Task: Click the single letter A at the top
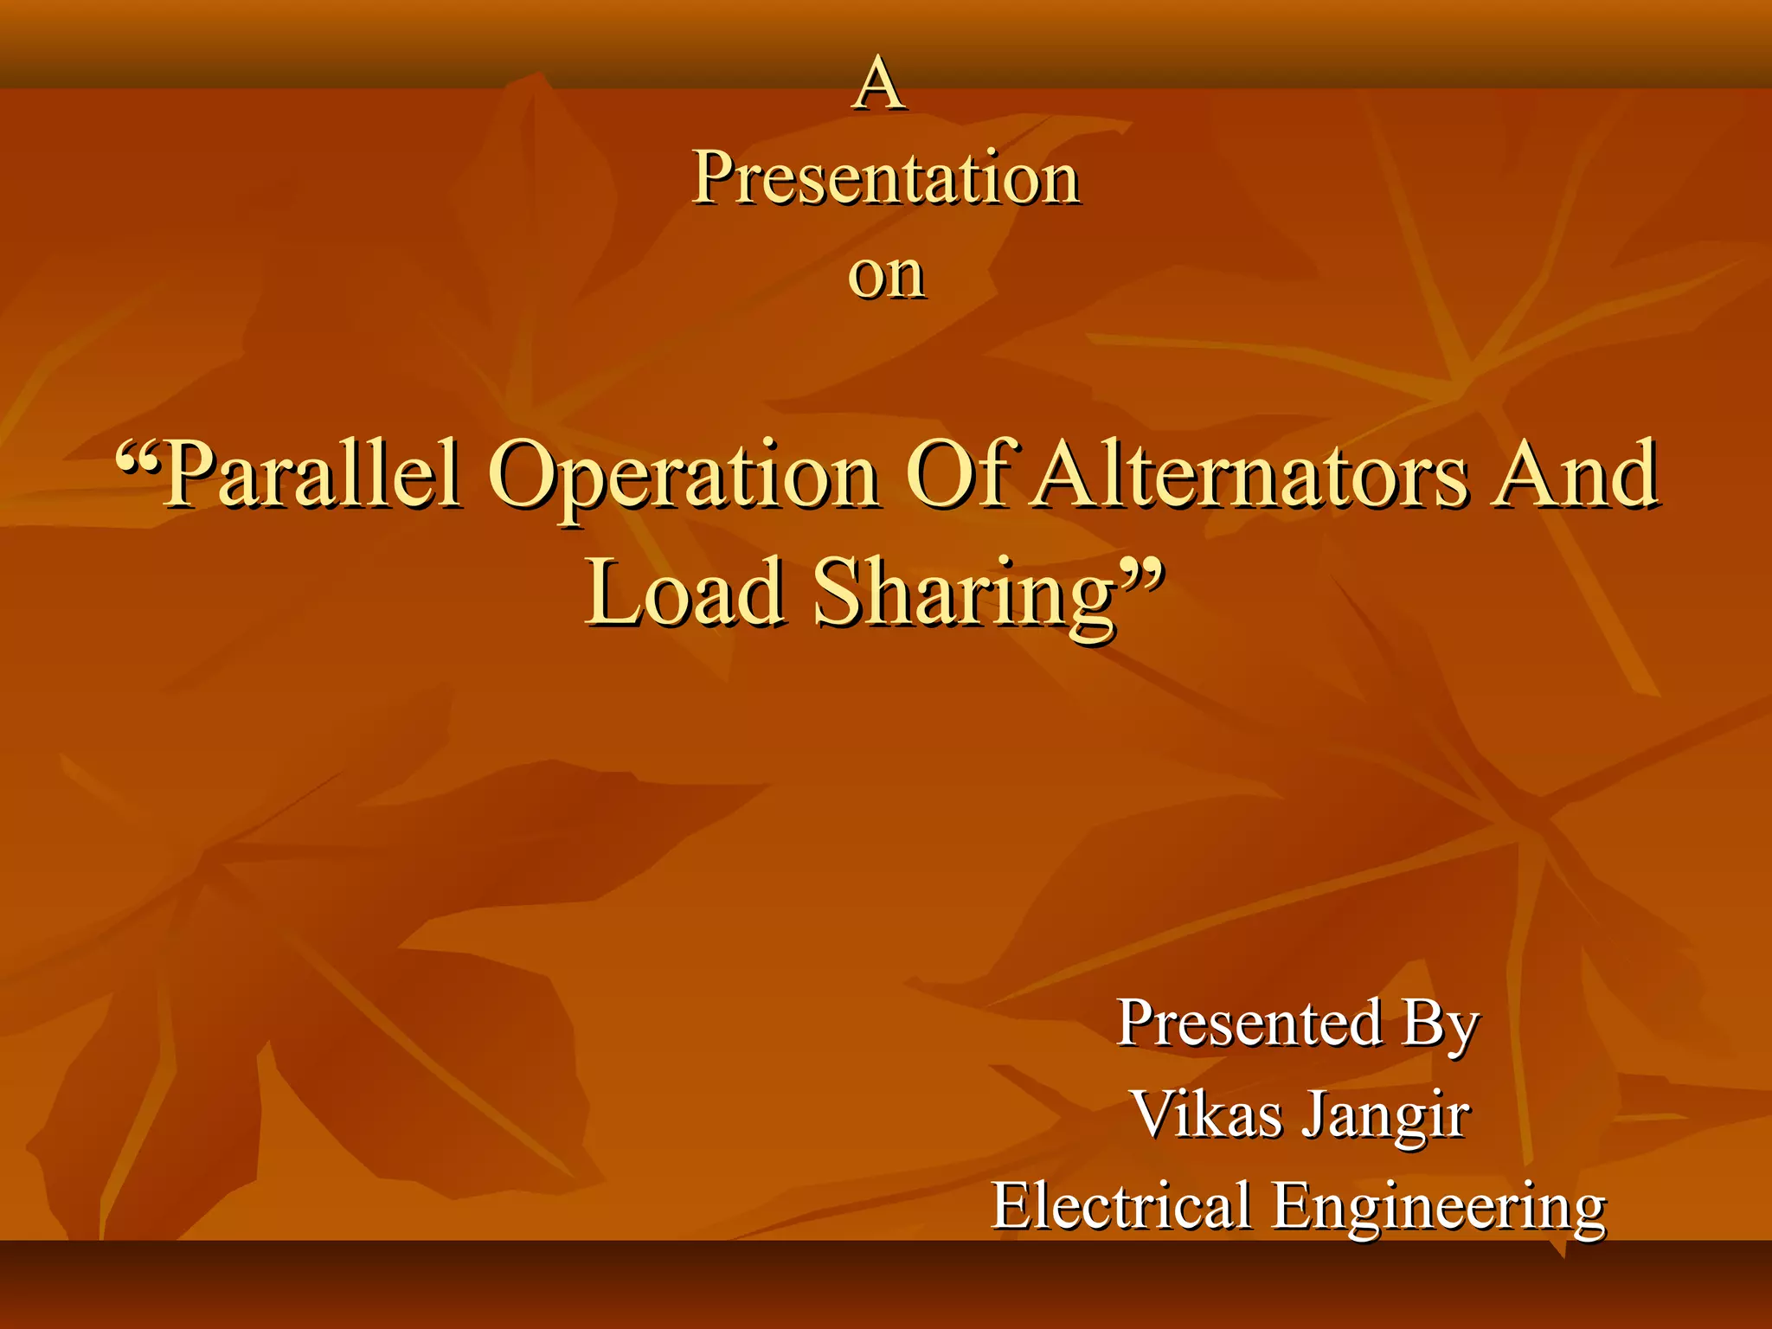click(879, 84)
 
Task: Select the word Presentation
click(886, 178)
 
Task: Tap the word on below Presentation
click(886, 276)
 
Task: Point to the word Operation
click(684, 476)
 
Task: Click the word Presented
click(1249, 1023)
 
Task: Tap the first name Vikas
click(1207, 1114)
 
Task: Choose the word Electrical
click(1121, 1205)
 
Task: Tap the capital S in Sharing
click(838, 592)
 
